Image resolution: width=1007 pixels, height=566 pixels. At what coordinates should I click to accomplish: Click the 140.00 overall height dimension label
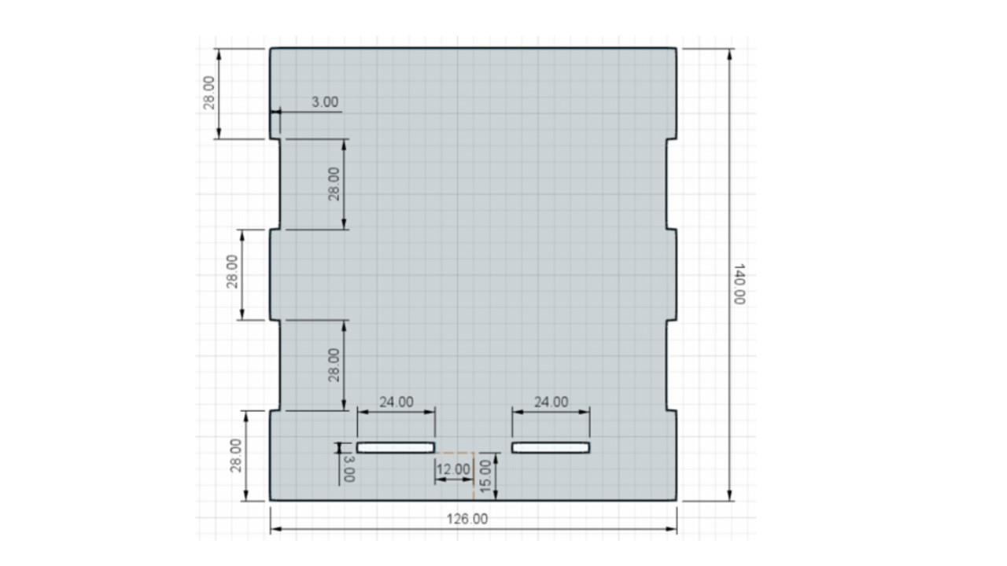(x=740, y=285)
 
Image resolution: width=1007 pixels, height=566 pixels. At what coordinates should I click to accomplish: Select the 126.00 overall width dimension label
(x=467, y=520)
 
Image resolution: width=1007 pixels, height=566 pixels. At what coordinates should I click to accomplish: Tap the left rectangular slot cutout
(x=396, y=448)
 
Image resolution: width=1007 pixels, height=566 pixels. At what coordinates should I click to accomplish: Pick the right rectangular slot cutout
(x=551, y=448)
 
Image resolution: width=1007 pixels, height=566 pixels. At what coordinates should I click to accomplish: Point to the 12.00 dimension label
(x=453, y=469)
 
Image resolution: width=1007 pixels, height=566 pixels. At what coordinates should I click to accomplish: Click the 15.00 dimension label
(x=485, y=476)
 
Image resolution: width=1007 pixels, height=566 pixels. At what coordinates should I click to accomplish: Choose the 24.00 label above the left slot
(x=396, y=402)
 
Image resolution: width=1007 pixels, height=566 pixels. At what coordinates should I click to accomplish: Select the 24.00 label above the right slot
(x=551, y=402)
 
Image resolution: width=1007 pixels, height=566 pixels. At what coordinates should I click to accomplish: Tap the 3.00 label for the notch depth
(x=325, y=102)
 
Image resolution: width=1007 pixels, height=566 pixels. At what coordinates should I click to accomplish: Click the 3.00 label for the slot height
(x=349, y=469)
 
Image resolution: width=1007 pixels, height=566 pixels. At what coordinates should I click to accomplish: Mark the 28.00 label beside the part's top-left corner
(x=209, y=93)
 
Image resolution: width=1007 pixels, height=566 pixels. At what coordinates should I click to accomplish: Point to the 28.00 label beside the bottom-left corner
(x=235, y=455)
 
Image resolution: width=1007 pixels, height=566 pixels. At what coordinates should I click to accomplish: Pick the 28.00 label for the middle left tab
(x=232, y=271)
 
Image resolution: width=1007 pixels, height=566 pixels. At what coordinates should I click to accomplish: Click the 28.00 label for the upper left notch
(x=334, y=184)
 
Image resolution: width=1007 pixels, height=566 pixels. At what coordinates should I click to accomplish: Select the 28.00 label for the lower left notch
(x=334, y=366)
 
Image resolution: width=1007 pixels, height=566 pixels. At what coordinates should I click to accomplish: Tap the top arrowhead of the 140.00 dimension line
(x=729, y=53)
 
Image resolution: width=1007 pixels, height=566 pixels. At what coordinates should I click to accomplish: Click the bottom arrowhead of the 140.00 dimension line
(x=729, y=495)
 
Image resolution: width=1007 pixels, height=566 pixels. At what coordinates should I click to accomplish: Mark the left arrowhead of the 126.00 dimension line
(x=276, y=529)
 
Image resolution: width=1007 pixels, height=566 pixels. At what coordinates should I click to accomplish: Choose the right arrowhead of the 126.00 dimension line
(x=671, y=529)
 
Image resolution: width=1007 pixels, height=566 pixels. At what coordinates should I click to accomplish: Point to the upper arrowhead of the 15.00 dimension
(x=496, y=458)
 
